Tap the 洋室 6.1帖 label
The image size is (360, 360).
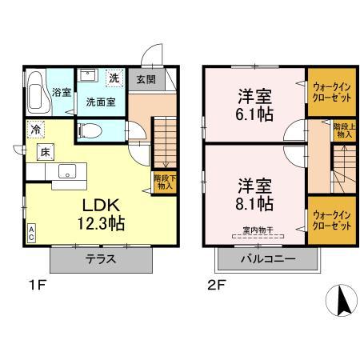[254, 106]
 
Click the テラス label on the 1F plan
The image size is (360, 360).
[102, 258]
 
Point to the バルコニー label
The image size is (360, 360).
[267, 258]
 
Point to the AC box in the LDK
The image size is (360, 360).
[31, 233]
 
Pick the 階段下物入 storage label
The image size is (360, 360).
[162, 182]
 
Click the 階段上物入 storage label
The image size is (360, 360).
[344, 130]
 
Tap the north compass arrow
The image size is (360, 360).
[339, 301]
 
